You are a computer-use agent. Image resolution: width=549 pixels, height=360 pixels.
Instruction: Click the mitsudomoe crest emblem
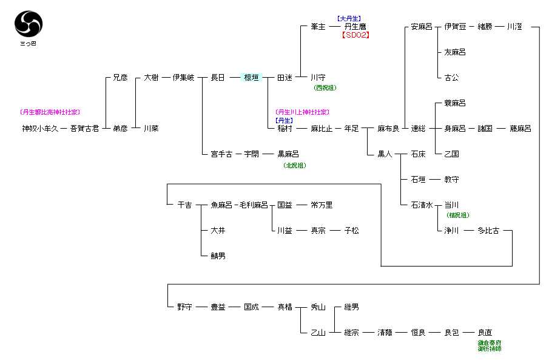[29, 24]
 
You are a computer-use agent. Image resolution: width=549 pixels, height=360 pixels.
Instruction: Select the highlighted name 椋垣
[251, 78]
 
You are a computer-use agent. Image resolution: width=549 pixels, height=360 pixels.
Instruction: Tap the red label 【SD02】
[355, 35]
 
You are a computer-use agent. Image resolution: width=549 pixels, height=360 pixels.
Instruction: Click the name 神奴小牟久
[40, 129]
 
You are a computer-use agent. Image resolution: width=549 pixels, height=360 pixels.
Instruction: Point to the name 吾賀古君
[84, 129]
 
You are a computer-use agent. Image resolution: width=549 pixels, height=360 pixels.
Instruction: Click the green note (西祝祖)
[325, 87]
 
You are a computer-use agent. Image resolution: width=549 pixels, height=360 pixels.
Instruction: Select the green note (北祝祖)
[294, 165]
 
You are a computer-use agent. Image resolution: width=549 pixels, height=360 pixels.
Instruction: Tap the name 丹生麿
[355, 27]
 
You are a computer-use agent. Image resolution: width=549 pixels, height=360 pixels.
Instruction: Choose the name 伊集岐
[183, 78]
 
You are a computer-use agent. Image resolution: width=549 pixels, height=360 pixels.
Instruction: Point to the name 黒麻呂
[288, 154]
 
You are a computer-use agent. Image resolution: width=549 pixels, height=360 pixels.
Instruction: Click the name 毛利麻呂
[254, 205]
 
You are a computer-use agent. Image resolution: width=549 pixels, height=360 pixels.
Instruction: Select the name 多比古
[488, 231]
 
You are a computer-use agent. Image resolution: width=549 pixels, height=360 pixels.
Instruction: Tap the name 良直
[485, 333]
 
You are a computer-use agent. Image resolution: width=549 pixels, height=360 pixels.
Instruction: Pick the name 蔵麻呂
[520, 129]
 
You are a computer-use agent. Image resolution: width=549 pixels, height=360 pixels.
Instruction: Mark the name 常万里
[322, 205]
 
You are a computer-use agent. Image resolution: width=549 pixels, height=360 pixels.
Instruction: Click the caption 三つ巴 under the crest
[29, 44]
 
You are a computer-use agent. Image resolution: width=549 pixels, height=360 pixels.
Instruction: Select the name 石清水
[421, 205]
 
